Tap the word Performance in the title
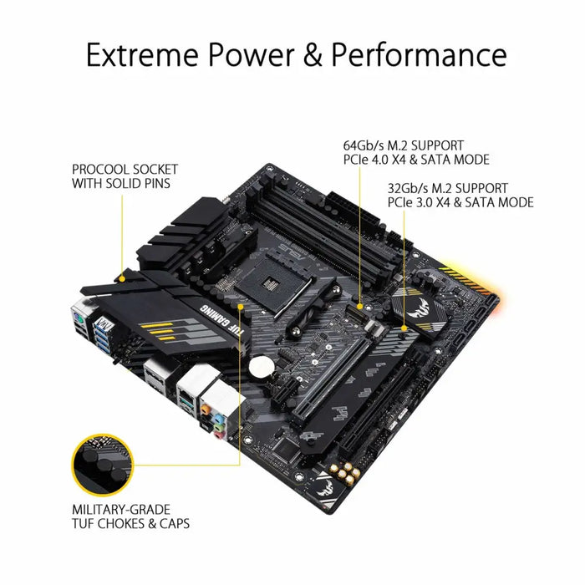pyautogui.click(x=419, y=55)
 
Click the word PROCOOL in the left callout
pyautogui.click(x=99, y=169)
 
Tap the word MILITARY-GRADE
pyautogui.click(x=122, y=509)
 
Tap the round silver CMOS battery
pyautogui.click(x=265, y=365)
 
